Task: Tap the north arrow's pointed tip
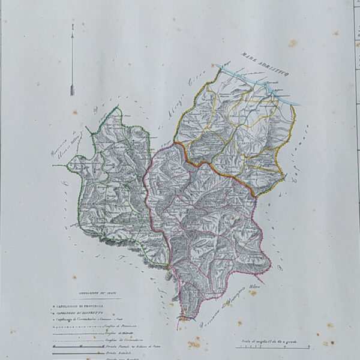pos(72,25)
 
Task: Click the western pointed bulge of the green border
pos(70,163)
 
